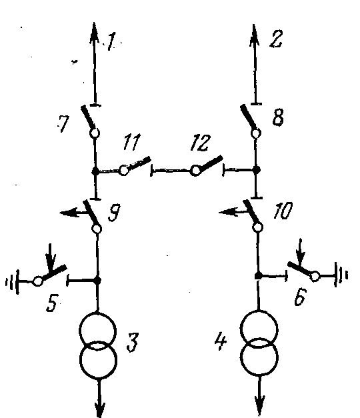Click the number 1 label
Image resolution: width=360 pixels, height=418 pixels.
click(x=112, y=41)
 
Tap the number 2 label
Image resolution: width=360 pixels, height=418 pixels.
click(x=276, y=39)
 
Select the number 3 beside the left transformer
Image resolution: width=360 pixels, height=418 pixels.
click(x=133, y=342)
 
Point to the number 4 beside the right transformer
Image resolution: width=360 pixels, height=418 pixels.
click(x=221, y=341)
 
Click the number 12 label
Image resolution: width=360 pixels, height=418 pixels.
click(x=200, y=143)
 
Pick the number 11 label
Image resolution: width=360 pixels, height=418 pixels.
click(x=131, y=142)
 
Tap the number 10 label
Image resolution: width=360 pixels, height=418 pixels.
click(x=283, y=210)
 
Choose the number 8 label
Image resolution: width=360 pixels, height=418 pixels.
click(x=278, y=117)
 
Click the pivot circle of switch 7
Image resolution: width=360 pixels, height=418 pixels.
click(x=95, y=133)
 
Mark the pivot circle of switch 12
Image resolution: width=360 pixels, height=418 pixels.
click(x=195, y=171)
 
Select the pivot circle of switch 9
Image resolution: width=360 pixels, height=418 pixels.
click(x=97, y=229)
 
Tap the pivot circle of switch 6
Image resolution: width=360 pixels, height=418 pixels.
click(x=315, y=276)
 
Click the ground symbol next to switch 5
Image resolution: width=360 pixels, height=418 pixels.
click(x=13, y=282)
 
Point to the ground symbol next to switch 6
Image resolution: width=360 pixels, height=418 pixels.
click(x=341, y=275)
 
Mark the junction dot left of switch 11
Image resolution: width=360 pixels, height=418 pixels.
click(x=95, y=171)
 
